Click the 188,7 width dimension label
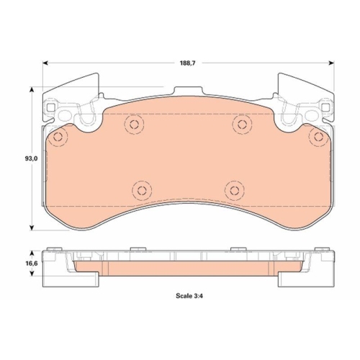tap(188, 63)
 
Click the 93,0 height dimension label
tap(31, 158)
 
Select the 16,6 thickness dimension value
tap(31, 264)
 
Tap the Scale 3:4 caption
tap(189, 296)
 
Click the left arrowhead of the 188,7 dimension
tap(46, 63)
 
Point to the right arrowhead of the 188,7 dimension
tap(331, 63)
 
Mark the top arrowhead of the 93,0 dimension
tap(32, 90)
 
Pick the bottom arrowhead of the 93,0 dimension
tap(32, 228)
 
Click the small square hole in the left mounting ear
tap(51, 108)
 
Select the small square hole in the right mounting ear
tap(325, 108)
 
